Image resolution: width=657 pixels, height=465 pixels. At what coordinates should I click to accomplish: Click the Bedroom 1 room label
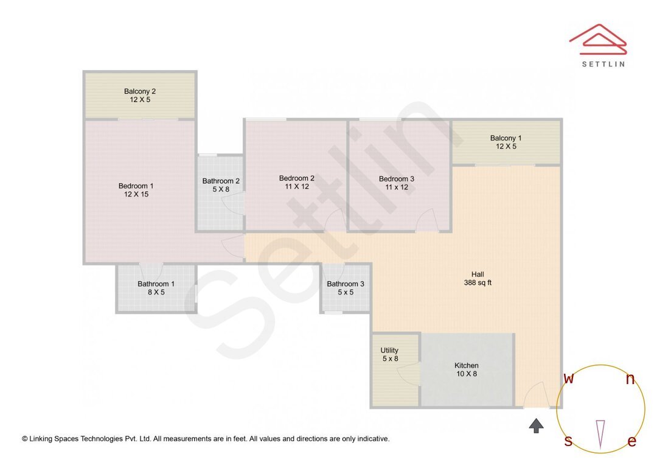coord(136,186)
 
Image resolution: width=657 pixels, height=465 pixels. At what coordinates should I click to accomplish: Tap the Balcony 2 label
coord(140,91)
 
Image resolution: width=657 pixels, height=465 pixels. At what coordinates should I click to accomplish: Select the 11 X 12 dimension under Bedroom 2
coord(296,187)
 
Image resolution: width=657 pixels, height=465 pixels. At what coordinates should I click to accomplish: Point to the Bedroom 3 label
coord(396,179)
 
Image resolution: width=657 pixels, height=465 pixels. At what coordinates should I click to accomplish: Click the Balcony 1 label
coord(506,138)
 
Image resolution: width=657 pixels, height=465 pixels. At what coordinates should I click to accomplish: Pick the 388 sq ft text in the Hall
coord(478,282)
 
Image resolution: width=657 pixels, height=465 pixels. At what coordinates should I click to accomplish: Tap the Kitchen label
coord(467,365)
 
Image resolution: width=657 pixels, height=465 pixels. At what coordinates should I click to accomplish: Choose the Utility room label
coord(389,351)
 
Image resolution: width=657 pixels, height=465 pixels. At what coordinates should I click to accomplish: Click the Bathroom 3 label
coord(346,284)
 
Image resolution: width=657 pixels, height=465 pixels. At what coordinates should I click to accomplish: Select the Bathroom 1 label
coord(156,284)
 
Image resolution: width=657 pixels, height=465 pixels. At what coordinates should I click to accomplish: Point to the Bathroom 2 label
coord(221,181)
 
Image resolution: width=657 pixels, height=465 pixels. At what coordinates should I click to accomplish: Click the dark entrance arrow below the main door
coord(536,425)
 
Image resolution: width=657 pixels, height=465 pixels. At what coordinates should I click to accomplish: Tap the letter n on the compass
coord(630,380)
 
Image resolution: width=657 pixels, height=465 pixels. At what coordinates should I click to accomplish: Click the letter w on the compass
coord(568,379)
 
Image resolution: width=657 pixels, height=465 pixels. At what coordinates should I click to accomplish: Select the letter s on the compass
coord(568,441)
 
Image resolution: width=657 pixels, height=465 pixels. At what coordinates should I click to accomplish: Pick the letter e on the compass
coord(631,442)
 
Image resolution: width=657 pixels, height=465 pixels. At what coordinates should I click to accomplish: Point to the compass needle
coord(600,433)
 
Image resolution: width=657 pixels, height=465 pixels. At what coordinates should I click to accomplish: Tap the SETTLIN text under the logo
coord(603,64)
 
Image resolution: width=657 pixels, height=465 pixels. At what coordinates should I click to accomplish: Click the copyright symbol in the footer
coord(25,439)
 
